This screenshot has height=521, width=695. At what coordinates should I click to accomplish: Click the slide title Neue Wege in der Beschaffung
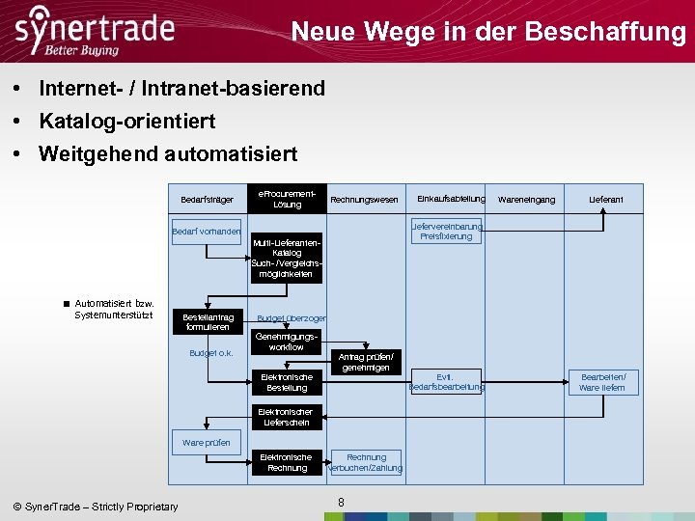tap(487, 32)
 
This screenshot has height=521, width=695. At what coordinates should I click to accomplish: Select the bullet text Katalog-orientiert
tap(126, 121)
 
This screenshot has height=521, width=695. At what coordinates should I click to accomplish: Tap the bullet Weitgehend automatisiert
tap(168, 153)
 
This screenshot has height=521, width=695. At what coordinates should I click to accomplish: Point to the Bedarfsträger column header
tap(207, 200)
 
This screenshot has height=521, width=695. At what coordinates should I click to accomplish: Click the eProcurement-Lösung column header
tap(287, 199)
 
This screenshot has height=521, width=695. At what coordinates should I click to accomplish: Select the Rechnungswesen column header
tap(364, 200)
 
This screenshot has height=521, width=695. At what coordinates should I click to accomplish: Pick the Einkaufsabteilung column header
tap(451, 199)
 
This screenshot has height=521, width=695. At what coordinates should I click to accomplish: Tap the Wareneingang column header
tap(526, 200)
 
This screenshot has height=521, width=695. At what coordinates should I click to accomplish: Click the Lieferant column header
tap(606, 200)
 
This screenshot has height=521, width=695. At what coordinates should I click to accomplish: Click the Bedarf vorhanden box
tap(207, 232)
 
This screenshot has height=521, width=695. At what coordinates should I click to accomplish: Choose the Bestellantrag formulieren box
tap(208, 321)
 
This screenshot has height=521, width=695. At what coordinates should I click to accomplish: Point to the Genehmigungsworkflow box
tap(287, 342)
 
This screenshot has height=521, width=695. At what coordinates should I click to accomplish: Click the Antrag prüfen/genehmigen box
tap(365, 362)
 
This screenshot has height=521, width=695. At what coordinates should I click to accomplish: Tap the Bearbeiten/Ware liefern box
tap(602, 382)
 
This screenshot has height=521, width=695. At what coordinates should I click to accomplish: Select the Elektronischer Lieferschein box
tap(286, 417)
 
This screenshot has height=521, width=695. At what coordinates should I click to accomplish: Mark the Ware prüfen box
tap(207, 443)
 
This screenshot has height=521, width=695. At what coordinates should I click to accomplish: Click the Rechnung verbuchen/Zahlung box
tap(366, 462)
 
